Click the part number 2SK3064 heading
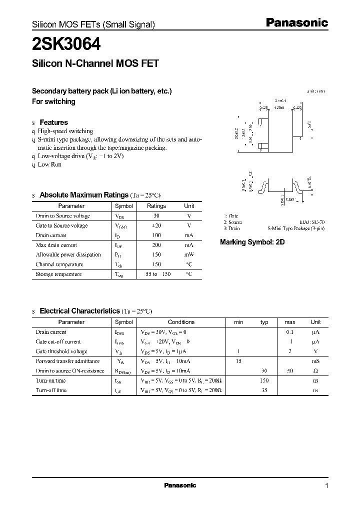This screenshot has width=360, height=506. click(x=66, y=44)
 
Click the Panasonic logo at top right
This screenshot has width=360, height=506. click(x=296, y=22)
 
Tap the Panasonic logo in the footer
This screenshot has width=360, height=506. click(x=180, y=485)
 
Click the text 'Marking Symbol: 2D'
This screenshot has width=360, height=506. click(x=252, y=242)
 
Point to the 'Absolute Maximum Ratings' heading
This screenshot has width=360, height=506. click(x=84, y=195)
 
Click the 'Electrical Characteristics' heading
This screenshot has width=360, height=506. click(x=79, y=311)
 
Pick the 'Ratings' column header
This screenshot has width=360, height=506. click(x=156, y=206)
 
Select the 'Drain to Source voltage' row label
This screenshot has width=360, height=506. click(x=63, y=216)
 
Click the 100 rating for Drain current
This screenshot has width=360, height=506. click(x=156, y=235)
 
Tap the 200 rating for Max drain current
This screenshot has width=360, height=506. click(x=156, y=245)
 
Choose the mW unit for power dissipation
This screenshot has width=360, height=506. click(x=189, y=254)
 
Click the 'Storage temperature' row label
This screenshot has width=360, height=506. click(x=58, y=274)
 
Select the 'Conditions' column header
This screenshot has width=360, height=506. click(x=181, y=322)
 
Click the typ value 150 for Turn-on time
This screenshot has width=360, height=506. click(x=264, y=380)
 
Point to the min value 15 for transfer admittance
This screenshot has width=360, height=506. click(x=239, y=361)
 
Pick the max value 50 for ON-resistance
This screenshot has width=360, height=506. click(x=290, y=371)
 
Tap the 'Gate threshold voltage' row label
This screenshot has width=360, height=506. click(x=61, y=351)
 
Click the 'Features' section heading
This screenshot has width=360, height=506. click(x=53, y=122)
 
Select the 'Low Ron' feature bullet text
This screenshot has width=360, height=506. click(x=49, y=164)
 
